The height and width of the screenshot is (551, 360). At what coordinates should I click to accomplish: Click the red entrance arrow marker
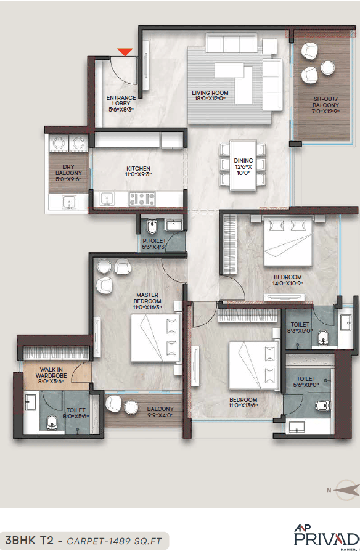tap(126, 52)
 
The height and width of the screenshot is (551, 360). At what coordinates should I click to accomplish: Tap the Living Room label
tap(210, 95)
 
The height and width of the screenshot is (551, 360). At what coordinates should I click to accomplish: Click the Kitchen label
tap(138, 171)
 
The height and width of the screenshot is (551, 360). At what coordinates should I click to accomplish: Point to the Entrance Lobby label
tap(121, 103)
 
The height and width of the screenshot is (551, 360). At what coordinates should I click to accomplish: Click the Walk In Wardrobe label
tap(46, 378)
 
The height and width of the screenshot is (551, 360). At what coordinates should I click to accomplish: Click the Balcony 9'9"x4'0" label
tap(160, 412)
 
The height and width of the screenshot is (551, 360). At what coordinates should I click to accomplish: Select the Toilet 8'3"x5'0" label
tap(300, 327)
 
